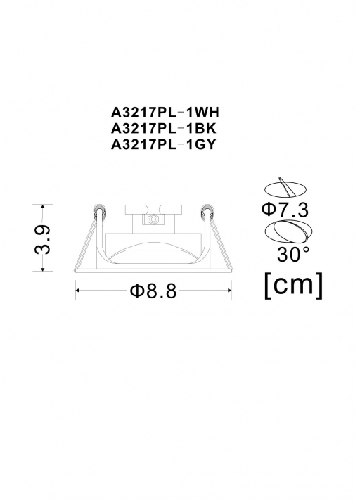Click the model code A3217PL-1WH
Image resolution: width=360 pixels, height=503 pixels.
(x=165, y=113)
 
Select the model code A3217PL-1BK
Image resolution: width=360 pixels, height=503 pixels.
(x=164, y=129)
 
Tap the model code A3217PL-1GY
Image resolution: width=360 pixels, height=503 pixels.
(x=163, y=145)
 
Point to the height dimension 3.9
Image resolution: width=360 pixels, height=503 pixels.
(x=43, y=239)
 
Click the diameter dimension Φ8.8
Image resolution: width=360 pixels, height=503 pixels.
(x=153, y=291)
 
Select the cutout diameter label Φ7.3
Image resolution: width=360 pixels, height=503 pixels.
(x=285, y=210)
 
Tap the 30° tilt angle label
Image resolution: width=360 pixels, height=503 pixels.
(x=294, y=255)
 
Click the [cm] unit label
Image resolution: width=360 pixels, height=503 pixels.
(x=293, y=285)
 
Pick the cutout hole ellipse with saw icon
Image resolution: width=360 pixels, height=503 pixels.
(x=284, y=189)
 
